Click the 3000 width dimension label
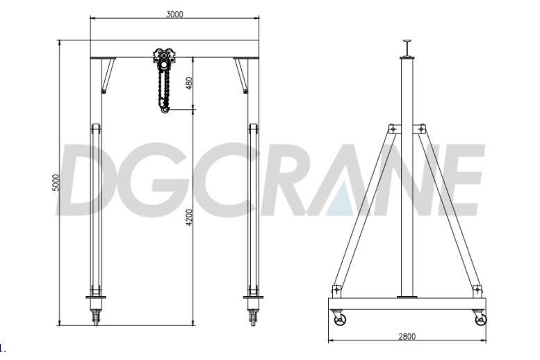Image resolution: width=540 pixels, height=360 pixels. pos(174,14)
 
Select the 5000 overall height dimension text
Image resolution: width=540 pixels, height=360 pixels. pos(56,183)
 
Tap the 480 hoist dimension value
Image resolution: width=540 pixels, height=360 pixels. pos(190,84)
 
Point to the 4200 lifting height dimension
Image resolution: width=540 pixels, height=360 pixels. pos(190,218)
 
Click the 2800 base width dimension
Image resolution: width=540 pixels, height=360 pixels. pos(407,336)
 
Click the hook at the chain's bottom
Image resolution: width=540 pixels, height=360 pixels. pos(164,106)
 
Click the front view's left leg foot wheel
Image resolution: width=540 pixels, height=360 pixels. pos(96,316)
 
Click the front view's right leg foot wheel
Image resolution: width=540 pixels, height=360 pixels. pos(252,316)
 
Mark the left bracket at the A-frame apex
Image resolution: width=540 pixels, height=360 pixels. pos(393,129)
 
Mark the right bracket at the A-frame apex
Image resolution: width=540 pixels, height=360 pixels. pos(420,129)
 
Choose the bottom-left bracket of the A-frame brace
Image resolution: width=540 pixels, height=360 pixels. pos(337,290)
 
